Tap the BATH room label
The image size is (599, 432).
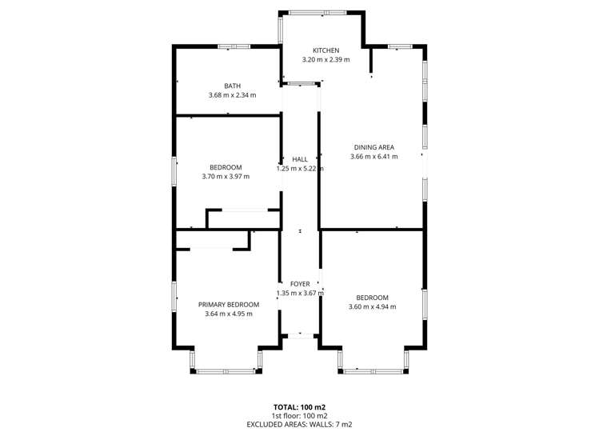tap(232, 86)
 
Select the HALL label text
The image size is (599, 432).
tap(299, 159)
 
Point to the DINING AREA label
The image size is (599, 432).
tap(373, 146)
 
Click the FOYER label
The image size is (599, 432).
tap(299, 284)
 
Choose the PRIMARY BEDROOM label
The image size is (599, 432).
tap(229, 304)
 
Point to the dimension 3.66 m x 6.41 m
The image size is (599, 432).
tap(373, 156)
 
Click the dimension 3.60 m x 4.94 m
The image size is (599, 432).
tap(372, 306)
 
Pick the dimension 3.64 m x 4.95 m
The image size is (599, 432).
tap(229, 314)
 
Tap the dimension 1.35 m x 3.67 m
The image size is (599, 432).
tap(299, 294)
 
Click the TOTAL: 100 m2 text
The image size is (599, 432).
tap(299, 406)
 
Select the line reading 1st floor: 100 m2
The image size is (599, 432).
tap(299, 415)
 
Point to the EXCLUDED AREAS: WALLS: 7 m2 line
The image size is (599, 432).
tap(299, 424)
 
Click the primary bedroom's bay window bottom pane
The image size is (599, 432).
tap(226, 370)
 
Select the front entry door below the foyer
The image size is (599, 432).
tap(300, 335)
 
